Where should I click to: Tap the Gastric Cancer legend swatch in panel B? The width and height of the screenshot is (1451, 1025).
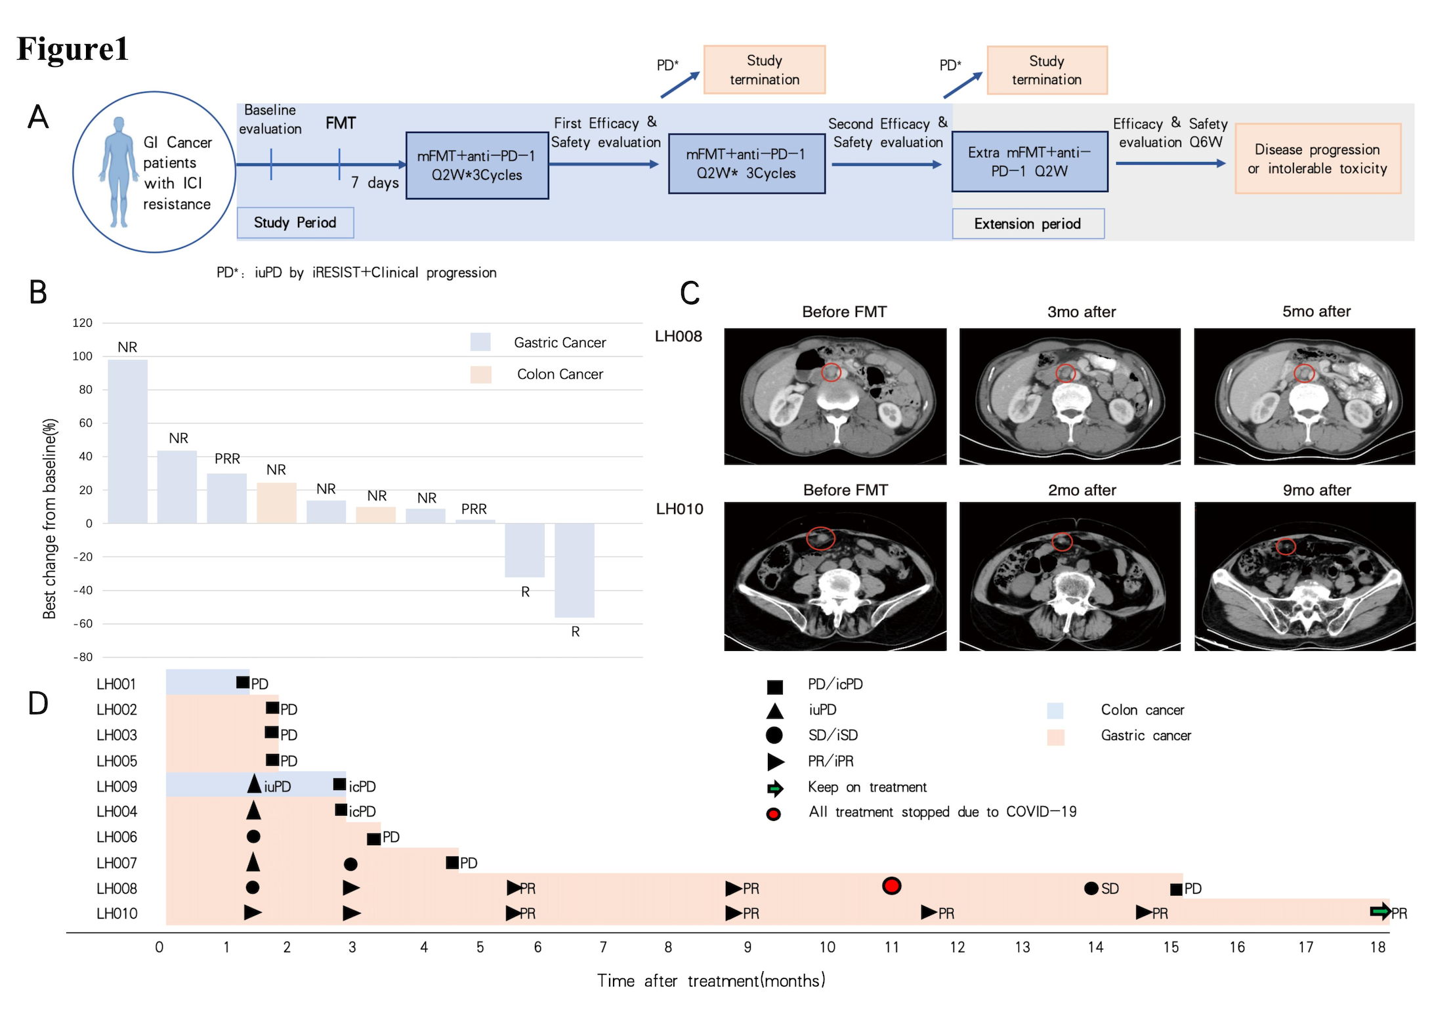(x=480, y=342)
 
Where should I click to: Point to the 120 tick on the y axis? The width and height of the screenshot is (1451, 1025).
(x=83, y=323)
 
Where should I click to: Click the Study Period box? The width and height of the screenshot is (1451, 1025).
(x=295, y=223)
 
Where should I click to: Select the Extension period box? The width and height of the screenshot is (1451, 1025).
(x=1028, y=224)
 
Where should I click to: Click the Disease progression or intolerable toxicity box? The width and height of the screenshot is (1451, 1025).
(x=1318, y=159)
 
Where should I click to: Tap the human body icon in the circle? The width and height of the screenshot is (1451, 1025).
(x=119, y=172)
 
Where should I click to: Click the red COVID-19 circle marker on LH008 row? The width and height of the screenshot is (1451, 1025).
(x=891, y=887)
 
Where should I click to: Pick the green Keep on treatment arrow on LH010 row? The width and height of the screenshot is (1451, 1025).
(x=1379, y=911)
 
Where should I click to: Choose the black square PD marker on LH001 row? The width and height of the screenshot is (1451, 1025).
(x=243, y=683)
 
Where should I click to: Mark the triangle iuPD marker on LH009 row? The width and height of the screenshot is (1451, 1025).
(x=254, y=784)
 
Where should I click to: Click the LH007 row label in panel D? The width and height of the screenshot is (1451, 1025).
(x=117, y=863)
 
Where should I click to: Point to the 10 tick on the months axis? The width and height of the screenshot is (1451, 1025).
(x=828, y=948)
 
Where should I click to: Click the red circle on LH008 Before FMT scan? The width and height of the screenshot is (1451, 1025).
(x=831, y=373)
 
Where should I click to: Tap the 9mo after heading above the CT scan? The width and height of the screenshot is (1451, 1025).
(x=1316, y=490)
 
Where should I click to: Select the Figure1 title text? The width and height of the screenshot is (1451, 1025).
(x=72, y=49)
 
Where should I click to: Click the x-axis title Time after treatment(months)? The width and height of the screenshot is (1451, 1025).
(x=711, y=981)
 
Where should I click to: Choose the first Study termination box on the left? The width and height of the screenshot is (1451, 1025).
(x=765, y=70)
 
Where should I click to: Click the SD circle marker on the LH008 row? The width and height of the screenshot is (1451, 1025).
(x=1091, y=889)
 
